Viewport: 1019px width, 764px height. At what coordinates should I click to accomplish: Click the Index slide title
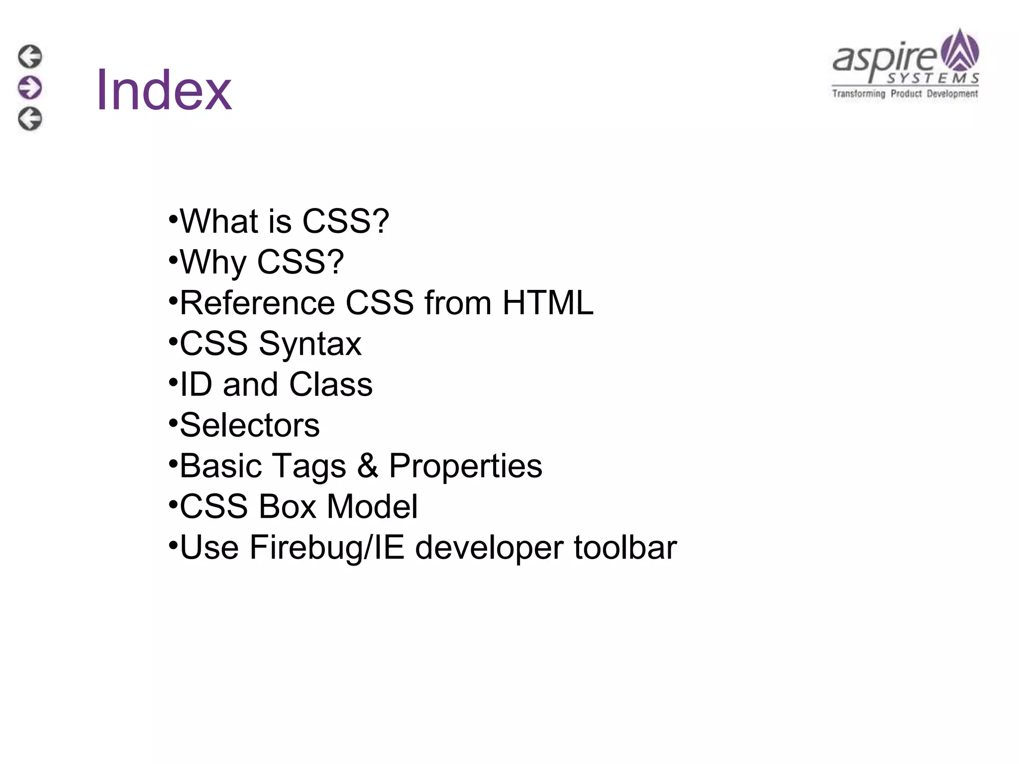click(164, 91)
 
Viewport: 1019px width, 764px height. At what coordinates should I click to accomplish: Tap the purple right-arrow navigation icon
click(30, 88)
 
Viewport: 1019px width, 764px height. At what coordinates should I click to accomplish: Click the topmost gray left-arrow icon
click(30, 57)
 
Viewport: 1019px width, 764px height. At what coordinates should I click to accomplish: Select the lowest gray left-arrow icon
click(30, 119)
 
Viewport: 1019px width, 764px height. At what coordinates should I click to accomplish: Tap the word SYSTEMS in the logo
click(933, 79)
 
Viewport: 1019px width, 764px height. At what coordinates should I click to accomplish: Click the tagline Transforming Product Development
click(905, 94)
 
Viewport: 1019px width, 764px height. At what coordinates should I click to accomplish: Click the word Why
click(213, 262)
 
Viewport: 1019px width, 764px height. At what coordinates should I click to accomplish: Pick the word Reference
click(257, 303)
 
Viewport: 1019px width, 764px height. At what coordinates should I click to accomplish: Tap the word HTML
click(548, 303)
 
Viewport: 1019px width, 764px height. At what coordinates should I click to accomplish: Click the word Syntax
click(310, 344)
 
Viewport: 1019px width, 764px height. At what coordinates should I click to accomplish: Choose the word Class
click(330, 384)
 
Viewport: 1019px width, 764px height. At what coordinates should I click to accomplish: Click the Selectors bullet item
click(249, 425)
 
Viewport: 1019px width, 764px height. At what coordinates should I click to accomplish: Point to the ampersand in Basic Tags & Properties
click(367, 466)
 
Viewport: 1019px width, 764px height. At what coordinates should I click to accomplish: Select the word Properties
click(465, 466)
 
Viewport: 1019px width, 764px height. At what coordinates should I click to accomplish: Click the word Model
click(372, 507)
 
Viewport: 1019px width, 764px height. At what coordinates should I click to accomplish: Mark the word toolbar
click(625, 548)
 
